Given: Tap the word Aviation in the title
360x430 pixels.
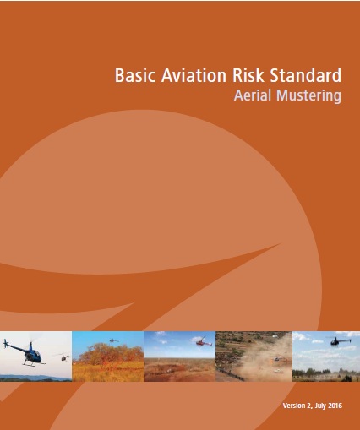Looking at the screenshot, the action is tap(194, 75).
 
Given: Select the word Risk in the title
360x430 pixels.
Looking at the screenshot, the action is tap(248, 75).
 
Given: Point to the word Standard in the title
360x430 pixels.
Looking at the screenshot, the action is tap(306, 75).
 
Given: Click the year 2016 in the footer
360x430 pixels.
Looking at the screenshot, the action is tap(335, 406).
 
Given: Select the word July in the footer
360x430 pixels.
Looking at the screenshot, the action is tap(320, 406).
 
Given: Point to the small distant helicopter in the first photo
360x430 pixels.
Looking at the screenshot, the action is tap(64, 357).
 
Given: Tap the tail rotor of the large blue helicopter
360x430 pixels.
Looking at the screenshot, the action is tap(5, 344).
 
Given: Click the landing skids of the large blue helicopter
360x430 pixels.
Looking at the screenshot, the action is tap(34, 363).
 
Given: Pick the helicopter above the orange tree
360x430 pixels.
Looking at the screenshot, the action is tap(113, 340).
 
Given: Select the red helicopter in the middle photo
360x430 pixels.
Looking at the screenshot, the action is tap(203, 342).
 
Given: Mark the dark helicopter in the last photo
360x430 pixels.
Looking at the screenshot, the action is tap(339, 340).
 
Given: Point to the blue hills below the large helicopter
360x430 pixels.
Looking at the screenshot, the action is tap(35, 378).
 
